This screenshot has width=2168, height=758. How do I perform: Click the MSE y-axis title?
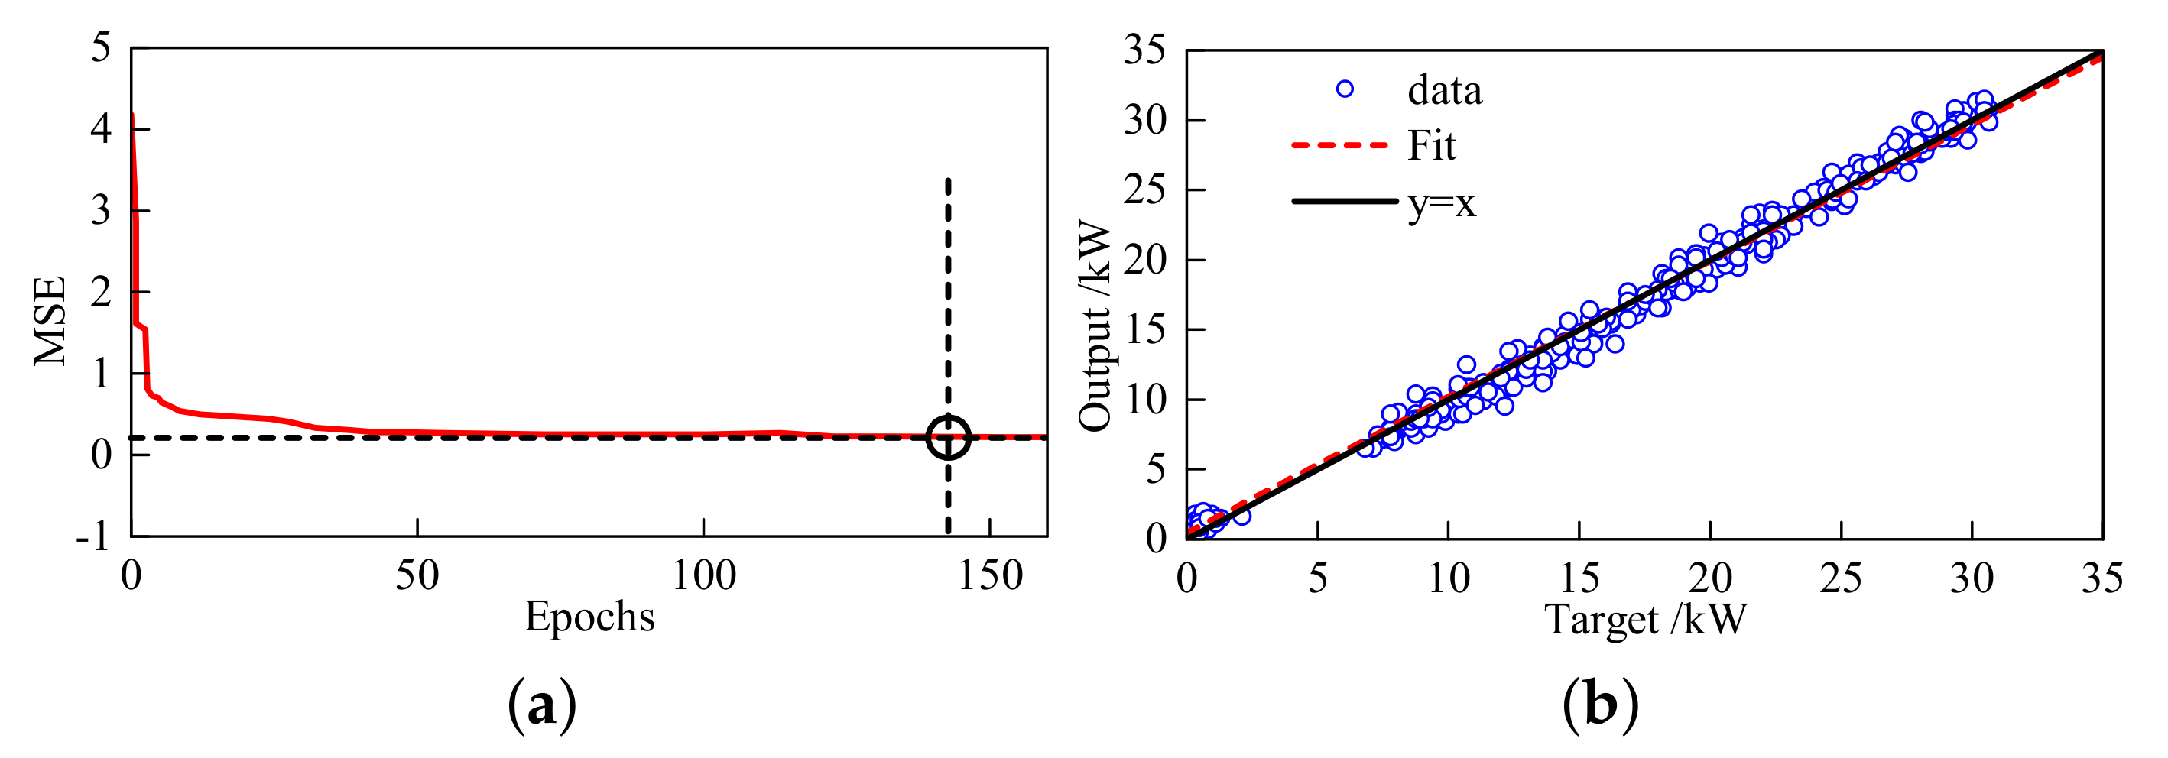click(50, 322)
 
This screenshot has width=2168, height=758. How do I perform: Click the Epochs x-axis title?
click(589, 617)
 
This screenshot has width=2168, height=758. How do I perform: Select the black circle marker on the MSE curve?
click(949, 436)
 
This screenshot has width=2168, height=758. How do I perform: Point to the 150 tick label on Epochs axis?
click(990, 577)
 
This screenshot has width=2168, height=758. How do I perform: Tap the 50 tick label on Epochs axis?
click(417, 577)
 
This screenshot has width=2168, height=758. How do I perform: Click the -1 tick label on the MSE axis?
click(93, 536)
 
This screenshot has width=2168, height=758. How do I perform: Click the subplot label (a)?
click(542, 705)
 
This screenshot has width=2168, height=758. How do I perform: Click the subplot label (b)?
click(1600, 705)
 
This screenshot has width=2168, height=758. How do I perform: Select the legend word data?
click(1444, 90)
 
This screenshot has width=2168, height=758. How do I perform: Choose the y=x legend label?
click(1442, 202)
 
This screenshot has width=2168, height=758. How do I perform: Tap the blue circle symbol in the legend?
click(1345, 89)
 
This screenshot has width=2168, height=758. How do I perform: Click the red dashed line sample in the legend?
click(1339, 145)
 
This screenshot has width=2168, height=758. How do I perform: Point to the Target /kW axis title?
click(1645, 620)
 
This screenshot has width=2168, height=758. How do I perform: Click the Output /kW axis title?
click(1095, 326)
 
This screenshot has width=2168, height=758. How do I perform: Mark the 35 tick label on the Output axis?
click(1144, 50)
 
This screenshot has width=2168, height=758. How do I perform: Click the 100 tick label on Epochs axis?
click(703, 577)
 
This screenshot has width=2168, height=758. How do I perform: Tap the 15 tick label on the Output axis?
click(1144, 330)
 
